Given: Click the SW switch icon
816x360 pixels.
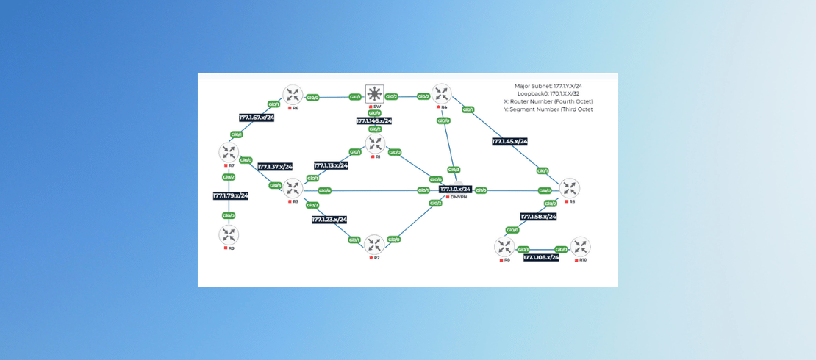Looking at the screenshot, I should [x=375, y=94].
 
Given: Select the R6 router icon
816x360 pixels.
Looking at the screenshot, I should [x=293, y=95].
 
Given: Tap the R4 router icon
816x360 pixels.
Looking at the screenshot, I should [x=442, y=94].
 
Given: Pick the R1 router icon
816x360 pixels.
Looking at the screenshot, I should [x=375, y=143].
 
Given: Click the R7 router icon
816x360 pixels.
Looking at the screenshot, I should [x=229, y=153].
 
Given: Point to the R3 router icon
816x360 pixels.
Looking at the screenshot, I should [x=293, y=188].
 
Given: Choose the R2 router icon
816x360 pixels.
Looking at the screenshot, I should [x=374, y=245].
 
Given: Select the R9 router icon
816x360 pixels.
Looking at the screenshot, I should [x=229, y=235].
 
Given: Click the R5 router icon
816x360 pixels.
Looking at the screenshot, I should [x=569, y=188].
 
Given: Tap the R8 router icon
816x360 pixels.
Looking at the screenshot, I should [x=504, y=247].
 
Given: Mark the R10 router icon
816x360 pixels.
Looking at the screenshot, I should [x=580, y=247].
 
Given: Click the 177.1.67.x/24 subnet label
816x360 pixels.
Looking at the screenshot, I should [x=257, y=118].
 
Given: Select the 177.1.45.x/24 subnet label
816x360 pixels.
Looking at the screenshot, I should [x=509, y=141].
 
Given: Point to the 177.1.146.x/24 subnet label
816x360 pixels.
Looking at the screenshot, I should [x=374, y=121].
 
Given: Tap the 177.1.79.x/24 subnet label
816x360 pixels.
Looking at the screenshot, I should [x=231, y=195].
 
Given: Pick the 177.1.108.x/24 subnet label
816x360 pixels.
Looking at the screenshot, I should [x=541, y=258].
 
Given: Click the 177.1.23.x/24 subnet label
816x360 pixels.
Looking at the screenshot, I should [x=329, y=219].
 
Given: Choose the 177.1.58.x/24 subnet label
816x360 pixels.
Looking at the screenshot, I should [x=538, y=217].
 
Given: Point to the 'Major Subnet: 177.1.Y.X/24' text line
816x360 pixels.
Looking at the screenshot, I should [x=548, y=86].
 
